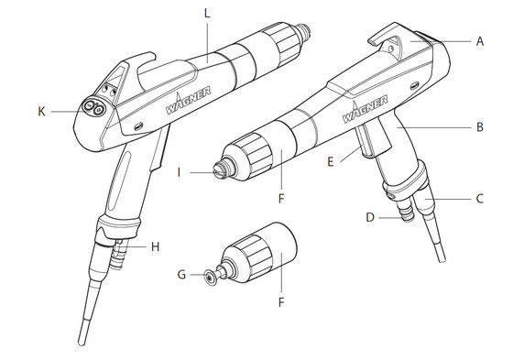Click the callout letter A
(480, 41)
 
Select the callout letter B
(480, 130)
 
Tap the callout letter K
(41, 111)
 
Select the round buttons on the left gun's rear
(93, 107)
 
